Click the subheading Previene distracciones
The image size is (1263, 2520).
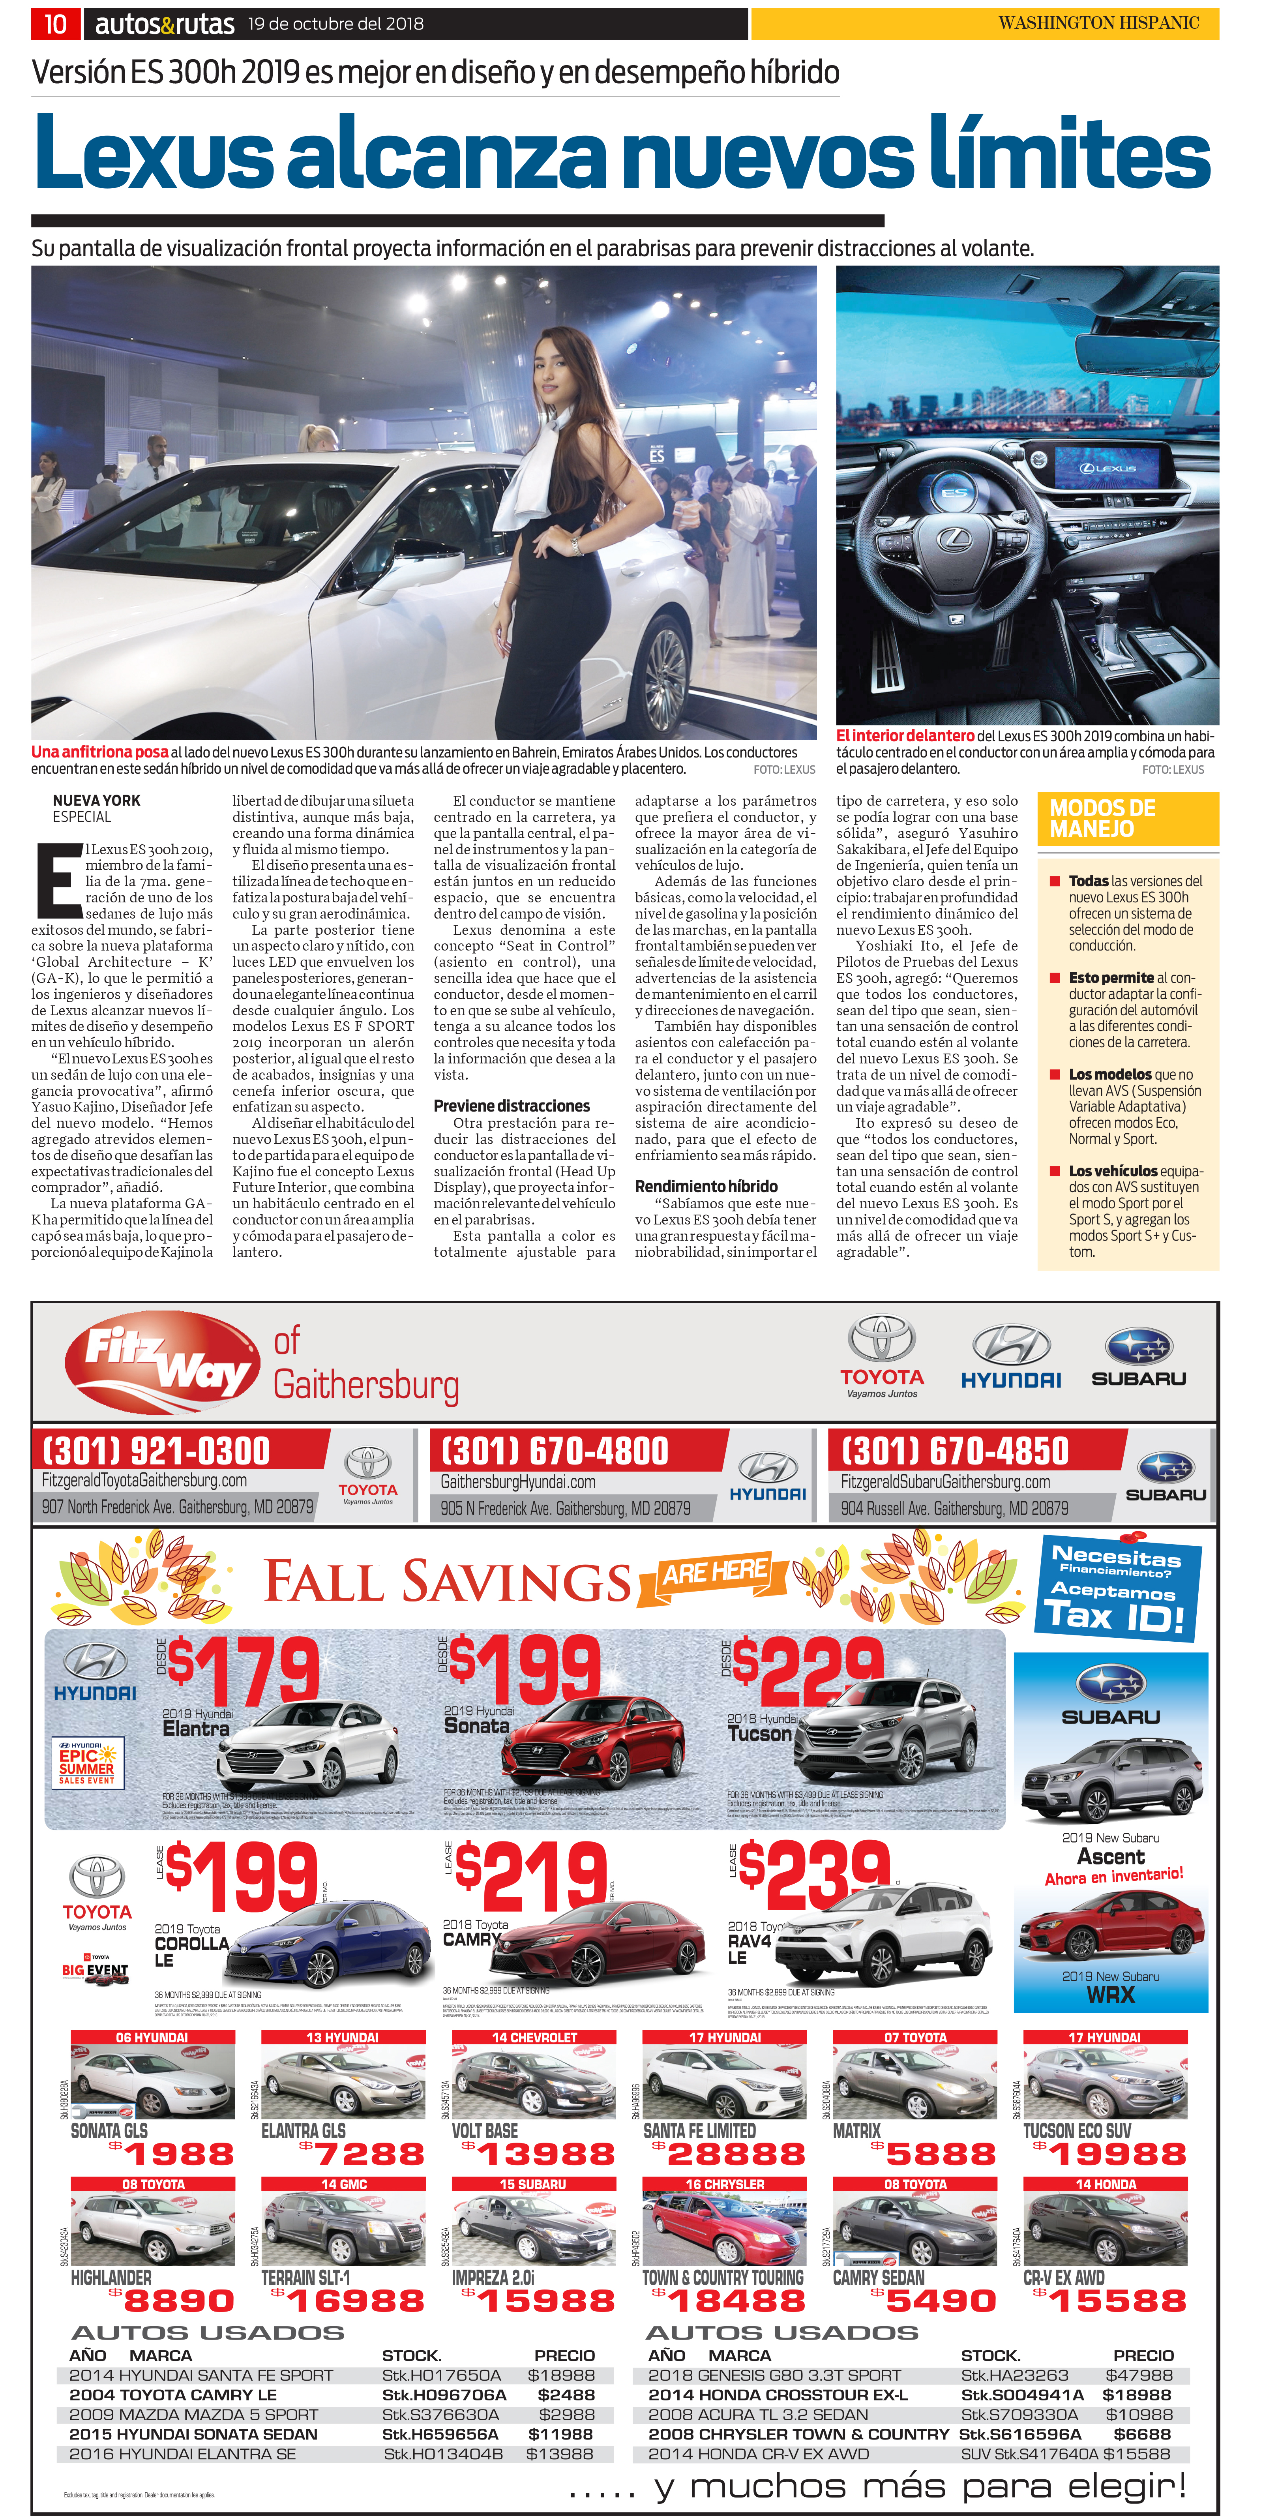coord(512,1105)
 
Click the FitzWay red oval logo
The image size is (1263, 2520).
coord(161,1363)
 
